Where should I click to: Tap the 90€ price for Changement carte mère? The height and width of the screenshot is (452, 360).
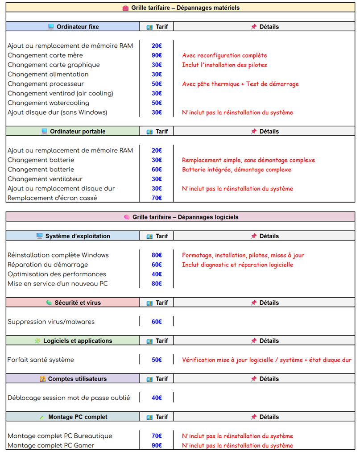(x=157, y=55)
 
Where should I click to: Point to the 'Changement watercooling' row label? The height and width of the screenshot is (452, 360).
(x=49, y=103)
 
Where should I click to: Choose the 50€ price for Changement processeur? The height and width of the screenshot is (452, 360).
(x=157, y=84)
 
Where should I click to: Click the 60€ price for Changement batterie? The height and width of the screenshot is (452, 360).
(x=157, y=170)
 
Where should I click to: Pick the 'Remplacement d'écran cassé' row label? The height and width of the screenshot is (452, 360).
(x=52, y=198)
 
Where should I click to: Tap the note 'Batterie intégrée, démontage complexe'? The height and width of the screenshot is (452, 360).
(x=236, y=170)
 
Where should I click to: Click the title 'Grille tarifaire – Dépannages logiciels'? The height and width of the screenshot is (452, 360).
(x=185, y=217)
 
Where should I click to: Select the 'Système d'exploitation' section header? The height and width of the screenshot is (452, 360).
(x=77, y=236)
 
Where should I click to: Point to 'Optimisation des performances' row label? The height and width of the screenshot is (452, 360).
(x=57, y=274)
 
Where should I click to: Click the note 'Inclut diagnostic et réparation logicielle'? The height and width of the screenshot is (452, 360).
(x=237, y=265)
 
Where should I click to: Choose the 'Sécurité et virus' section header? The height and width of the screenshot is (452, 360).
(x=77, y=303)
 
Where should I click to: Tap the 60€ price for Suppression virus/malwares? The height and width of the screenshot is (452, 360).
(x=157, y=322)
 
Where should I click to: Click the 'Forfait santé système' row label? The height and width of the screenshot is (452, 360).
(x=41, y=360)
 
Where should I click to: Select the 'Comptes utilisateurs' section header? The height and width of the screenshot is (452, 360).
(x=77, y=379)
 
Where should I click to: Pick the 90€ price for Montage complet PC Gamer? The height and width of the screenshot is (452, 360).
(x=157, y=445)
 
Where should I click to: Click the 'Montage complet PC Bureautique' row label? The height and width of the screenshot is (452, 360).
(x=60, y=436)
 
